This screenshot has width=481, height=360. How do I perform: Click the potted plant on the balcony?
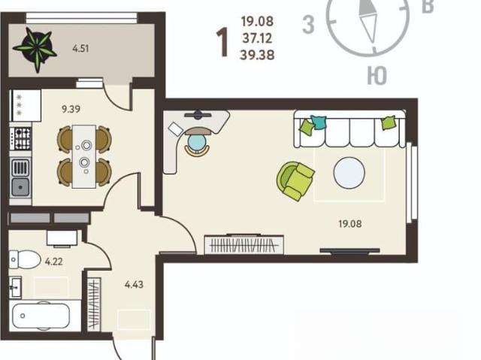tap(36, 48)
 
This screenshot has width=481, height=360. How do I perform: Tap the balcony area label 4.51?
tap(80, 49)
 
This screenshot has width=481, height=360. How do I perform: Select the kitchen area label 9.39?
tap(71, 109)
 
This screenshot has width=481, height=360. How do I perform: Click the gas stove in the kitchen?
tap(20, 138)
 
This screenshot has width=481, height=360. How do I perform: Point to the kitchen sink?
tap(20, 177)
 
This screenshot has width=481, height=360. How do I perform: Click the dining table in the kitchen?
tap(84, 156)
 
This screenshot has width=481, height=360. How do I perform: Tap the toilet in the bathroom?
tap(25, 259)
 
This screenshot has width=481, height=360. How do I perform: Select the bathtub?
tap(41, 316)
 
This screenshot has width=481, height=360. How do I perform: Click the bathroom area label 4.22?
tap(54, 262)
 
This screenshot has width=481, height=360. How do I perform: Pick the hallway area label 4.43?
tap(134, 285)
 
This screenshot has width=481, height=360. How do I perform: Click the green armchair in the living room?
tap(295, 181)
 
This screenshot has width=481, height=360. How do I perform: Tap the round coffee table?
tap(349, 173)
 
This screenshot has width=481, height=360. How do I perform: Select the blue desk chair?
tap(197, 142)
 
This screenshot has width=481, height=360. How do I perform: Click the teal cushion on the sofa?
tap(319, 123)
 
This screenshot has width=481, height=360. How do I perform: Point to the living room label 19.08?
tap(350, 224)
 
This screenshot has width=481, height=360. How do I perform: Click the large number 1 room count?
tap(222, 42)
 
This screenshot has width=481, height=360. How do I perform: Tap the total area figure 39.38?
tap(257, 55)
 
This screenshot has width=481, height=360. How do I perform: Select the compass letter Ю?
tap(377, 76)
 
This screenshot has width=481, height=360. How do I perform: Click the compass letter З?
tap(308, 24)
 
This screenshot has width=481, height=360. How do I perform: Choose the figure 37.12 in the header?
tap(257, 38)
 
